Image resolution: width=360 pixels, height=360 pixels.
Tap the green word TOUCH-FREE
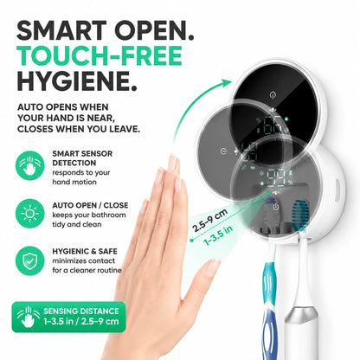coord(100,56)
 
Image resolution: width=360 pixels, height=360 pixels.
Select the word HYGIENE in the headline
coord(73,81)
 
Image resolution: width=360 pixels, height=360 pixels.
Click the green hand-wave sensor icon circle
coord(29,165)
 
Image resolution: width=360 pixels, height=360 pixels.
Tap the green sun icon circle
coord(29,214)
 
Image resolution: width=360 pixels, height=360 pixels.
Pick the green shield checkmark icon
coord(29,260)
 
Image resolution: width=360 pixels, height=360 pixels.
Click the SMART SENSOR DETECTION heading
coord(82,158)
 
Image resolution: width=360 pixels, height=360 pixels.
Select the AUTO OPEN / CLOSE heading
coord(90,205)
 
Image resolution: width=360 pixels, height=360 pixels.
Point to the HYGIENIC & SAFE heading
coord(85,251)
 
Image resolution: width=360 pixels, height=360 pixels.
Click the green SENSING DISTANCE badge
coord(68,317)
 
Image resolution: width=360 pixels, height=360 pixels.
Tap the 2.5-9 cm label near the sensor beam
coord(210,220)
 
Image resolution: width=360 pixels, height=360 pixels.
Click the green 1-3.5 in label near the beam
coord(218,235)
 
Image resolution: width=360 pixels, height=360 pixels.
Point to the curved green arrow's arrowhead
coord(226,83)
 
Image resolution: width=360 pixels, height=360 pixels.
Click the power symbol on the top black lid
coord(273,94)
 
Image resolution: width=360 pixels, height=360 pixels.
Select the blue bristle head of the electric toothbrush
coord(299,215)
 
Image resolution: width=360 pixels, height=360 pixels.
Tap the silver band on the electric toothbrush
coord(301,313)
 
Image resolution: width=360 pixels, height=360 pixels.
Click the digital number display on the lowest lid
coord(276,178)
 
